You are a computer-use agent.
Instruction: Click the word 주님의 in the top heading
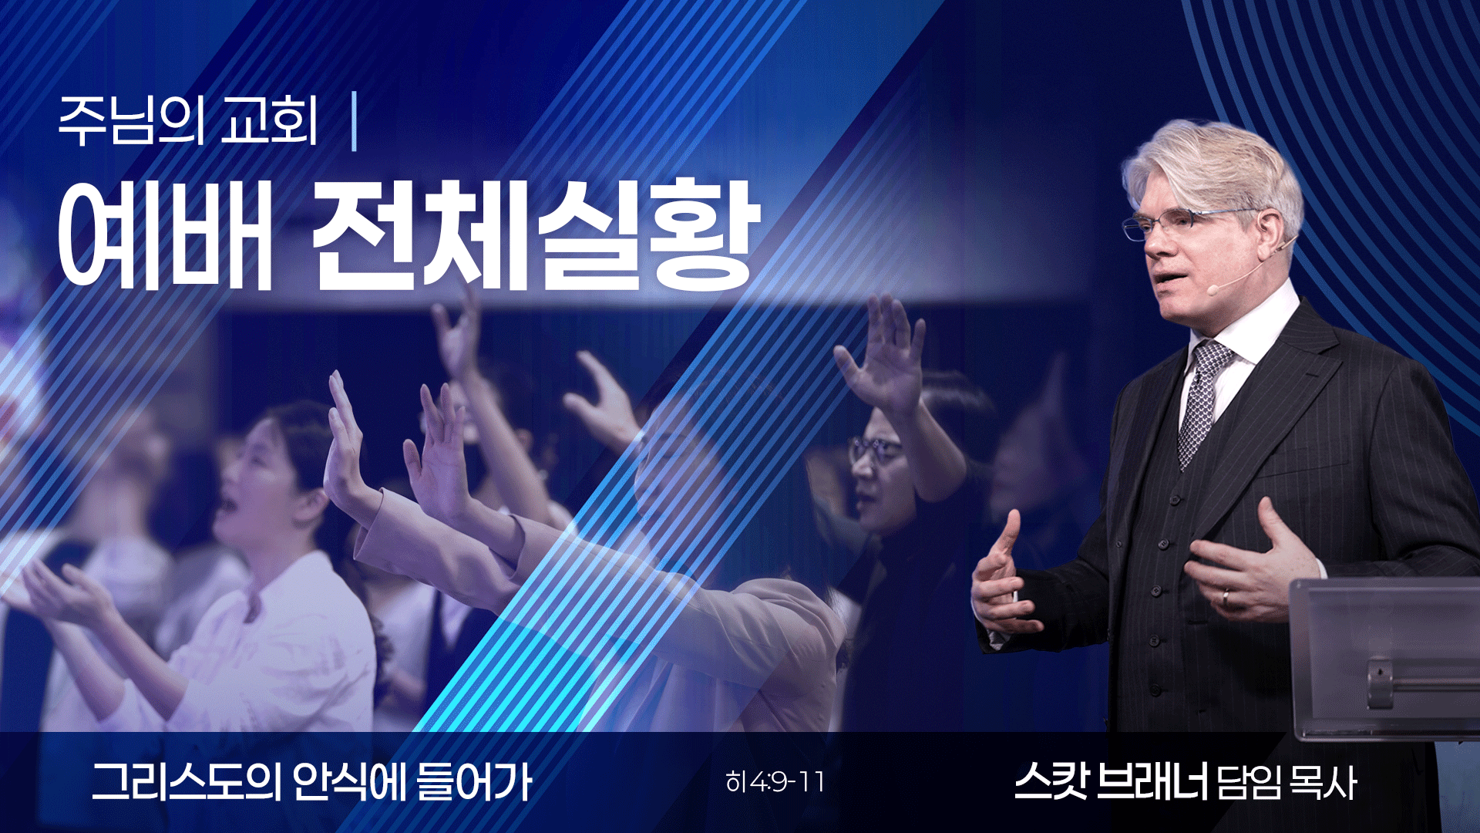click(x=132, y=122)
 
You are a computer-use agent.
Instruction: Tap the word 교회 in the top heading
click(x=269, y=122)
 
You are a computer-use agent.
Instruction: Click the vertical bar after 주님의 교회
click(x=354, y=122)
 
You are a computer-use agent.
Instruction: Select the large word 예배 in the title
click(x=165, y=234)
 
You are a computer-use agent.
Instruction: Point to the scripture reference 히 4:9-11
click(x=775, y=783)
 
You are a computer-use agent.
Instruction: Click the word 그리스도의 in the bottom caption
click(x=186, y=782)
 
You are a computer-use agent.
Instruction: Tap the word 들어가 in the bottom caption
click(x=473, y=782)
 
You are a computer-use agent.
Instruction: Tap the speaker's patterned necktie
click(x=1202, y=401)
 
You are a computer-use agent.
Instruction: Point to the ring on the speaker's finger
click(x=1226, y=598)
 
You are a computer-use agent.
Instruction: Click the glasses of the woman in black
click(x=875, y=449)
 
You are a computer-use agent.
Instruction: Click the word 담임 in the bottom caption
click(x=1249, y=784)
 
